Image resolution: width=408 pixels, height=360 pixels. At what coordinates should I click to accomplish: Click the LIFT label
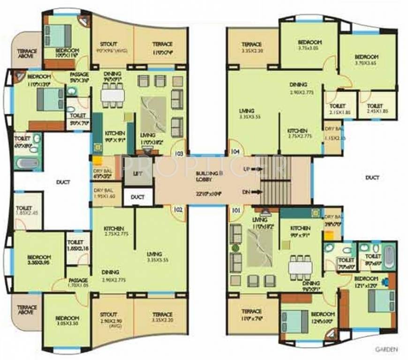(137, 173)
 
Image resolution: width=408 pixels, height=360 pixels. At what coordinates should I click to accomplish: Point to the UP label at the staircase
(246, 168)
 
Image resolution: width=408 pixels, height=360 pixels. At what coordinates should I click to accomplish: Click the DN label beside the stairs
(246, 191)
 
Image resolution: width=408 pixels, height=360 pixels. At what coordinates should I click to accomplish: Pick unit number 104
(235, 152)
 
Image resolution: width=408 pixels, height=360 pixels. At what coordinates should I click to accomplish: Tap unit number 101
(235, 210)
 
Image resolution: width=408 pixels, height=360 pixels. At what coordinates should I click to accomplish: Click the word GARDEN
(387, 349)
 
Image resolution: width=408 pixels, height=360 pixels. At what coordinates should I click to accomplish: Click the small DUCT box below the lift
(137, 197)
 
